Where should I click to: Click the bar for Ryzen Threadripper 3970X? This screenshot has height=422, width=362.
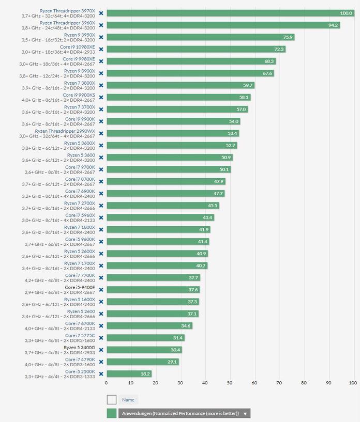pyautogui.click(x=231, y=13)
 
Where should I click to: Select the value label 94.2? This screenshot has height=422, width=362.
pyautogui.click(x=333, y=25)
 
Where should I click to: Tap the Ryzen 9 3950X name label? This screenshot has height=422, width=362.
pyautogui.click(x=80, y=35)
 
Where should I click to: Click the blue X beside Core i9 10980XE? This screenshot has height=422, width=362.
pyautogui.click(x=101, y=49)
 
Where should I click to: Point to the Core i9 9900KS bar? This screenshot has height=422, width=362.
pyautogui.click(x=179, y=97)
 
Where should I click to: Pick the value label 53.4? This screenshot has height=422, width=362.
pyautogui.click(x=232, y=133)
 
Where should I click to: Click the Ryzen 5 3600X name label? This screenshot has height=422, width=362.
pyautogui.click(x=80, y=143)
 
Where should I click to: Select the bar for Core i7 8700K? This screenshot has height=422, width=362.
pyautogui.click(x=166, y=181)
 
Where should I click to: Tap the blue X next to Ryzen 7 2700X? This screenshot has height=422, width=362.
pyautogui.click(x=101, y=206)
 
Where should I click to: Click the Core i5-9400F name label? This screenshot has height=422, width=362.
pyautogui.click(x=80, y=287)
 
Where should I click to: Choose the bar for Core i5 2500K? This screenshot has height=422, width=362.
pyautogui.click(x=129, y=373)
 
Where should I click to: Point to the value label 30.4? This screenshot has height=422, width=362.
pyautogui.click(x=175, y=350)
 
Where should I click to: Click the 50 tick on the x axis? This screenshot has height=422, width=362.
pyautogui.click(x=230, y=383)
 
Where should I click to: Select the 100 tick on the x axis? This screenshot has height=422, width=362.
pyautogui.click(x=353, y=383)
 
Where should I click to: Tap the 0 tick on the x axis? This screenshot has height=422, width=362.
pyautogui.click(x=106, y=383)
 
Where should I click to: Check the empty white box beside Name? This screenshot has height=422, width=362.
pyautogui.click(x=112, y=400)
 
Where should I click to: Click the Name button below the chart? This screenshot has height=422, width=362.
pyautogui.click(x=128, y=400)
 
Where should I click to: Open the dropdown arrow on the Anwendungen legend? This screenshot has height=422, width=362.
pyautogui.click(x=245, y=414)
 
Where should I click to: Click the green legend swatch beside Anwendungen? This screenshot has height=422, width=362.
pyautogui.click(x=112, y=413)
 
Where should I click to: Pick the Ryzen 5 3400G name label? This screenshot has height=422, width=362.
pyautogui.click(x=79, y=348)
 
